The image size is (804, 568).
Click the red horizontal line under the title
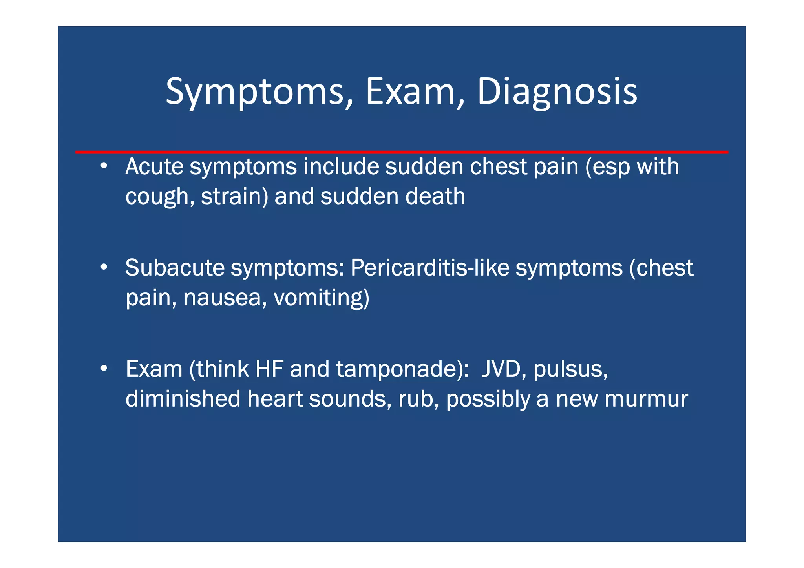pos(401,152)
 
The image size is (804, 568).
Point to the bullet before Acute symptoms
pos(104,166)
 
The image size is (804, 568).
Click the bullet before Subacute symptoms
pos(104,268)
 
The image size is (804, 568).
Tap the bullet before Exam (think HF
pos(104,369)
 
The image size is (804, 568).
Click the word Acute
pos(154,166)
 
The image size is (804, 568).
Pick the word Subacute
pos(175,268)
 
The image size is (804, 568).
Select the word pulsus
pos(570,369)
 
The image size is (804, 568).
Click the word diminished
pos(183,399)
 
